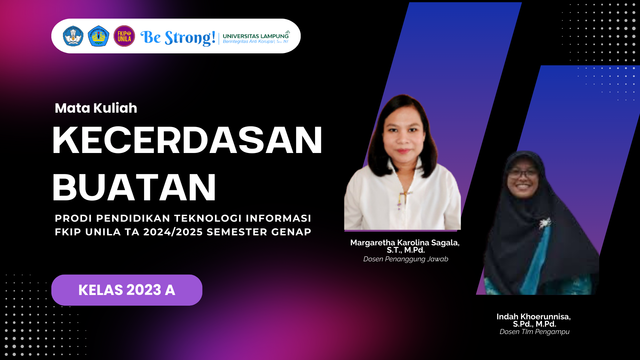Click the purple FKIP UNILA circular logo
coord(124,36)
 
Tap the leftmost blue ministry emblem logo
coord(73,36)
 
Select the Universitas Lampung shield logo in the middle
coord(98,36)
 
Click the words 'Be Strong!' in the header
coord(178,37)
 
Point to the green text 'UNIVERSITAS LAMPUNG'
coord(255,36)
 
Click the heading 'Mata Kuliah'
coord(96,108)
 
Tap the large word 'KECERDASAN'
coord(187,140)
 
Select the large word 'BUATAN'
coord(134,187)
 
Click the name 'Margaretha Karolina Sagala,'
coord(405,243)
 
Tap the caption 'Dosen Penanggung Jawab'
coord(406,259)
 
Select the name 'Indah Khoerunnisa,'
coord(533,317)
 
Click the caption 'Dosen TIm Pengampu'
coord(534,332)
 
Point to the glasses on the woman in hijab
coord(522,174)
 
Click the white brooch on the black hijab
coord(545,223)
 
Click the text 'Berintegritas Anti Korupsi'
coord(248,42)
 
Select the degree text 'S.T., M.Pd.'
coord(406,250)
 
